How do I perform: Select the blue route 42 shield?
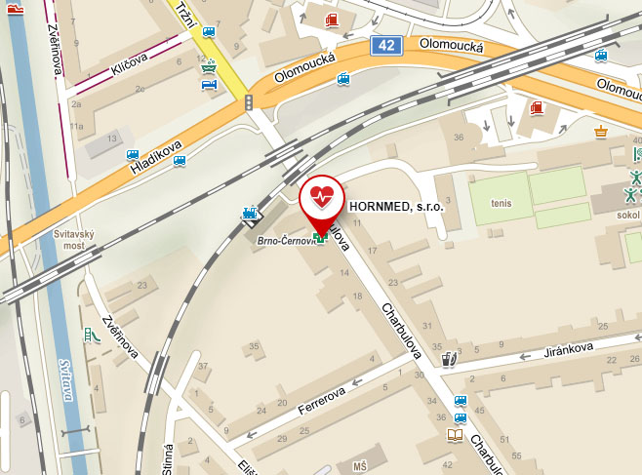[386, 46]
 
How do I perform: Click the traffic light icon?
[249, 101]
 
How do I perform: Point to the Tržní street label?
[188, 18]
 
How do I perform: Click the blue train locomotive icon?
[252, 214]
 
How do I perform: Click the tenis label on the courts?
[502, 204]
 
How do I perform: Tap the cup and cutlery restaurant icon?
[448, 359]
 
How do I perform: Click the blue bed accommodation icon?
[208, 85]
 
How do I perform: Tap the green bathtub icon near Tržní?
[207, 67]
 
